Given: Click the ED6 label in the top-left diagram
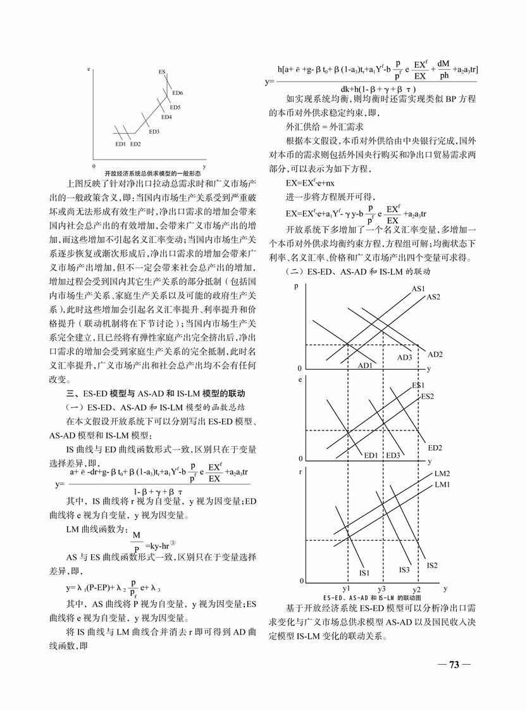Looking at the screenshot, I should coord(178,93).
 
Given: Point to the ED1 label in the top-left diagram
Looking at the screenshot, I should coord(120,144).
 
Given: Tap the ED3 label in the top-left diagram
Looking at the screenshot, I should coord(154,132).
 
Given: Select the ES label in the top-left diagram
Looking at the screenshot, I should coord(163,72).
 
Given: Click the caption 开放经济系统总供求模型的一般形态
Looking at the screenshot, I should coord(152,172).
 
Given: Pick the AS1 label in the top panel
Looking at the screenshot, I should coord(418,289).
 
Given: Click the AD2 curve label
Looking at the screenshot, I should coord(435,354).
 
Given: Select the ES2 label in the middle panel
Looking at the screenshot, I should coord(428,396).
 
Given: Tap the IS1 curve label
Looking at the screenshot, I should coord(364,572).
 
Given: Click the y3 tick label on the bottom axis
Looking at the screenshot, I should coord(381,589).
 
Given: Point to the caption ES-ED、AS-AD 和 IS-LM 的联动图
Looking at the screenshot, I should coord(372,597).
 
